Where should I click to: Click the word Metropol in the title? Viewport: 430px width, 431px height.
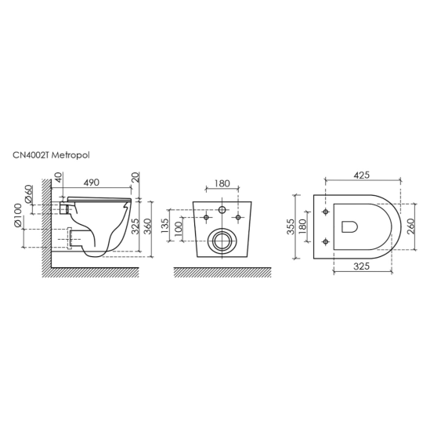pos(70,156)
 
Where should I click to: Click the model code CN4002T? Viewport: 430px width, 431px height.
pos(31,156)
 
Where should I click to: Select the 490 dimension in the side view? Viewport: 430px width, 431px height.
pos(91,183)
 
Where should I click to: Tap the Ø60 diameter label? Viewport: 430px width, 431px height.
pos(29,194)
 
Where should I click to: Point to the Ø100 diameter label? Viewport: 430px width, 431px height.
pos(17,215)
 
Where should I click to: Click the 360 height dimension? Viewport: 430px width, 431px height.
pos(147,226)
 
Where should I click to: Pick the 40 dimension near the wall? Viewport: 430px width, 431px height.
pos(59,177)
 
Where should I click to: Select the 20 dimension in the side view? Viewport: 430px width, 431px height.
pos(136,177)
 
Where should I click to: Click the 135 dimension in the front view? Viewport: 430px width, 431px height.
pos(164,226)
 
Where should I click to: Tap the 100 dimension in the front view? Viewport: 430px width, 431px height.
pos(179,228)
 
